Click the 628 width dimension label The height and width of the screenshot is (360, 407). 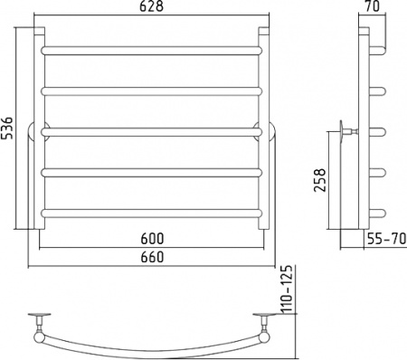tap(151, 6)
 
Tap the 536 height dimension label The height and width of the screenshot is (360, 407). tap(7, 128)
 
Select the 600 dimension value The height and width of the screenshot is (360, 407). tap(152, 239)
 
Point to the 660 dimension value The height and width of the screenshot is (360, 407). tap(152, 257)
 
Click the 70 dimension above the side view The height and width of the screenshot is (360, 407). tap(372, 6)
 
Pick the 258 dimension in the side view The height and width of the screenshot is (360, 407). tap(320, 180)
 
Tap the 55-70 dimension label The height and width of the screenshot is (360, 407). tap(387, 239)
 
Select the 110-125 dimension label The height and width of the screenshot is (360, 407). tap(288, 289)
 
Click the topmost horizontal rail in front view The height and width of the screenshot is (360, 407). tap(151, 51)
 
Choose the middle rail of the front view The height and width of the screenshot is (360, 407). tap(151, 132)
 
